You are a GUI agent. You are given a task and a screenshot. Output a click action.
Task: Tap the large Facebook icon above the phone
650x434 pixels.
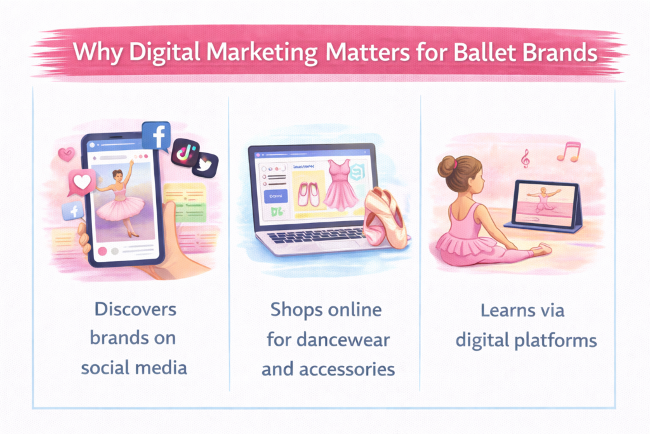pyautogui.click(x=156, y=135)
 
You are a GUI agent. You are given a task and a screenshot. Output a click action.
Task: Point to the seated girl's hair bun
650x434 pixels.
pyautogui.click(x=448, y=164)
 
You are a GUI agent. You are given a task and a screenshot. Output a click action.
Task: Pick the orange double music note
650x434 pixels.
pyautogui.click(x=569, y=151)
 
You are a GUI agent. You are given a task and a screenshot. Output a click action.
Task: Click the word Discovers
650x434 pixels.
pyautogui.click(x=135, y=311)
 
